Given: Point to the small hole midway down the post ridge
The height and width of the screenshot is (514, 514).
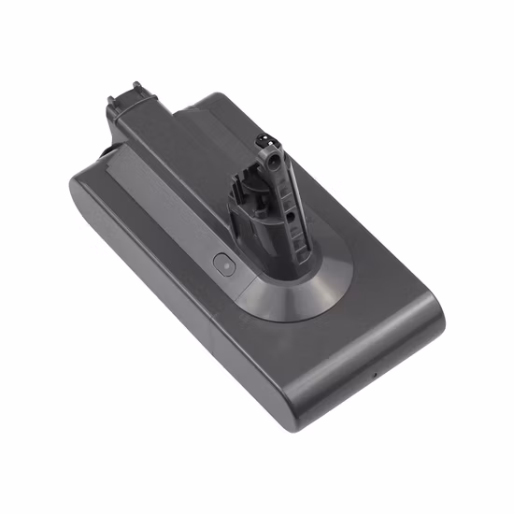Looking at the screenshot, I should pyautogui.click(x=290, y=216).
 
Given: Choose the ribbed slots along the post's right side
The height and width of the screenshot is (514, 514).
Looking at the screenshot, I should pyautogui.click(x=298, y=238).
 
